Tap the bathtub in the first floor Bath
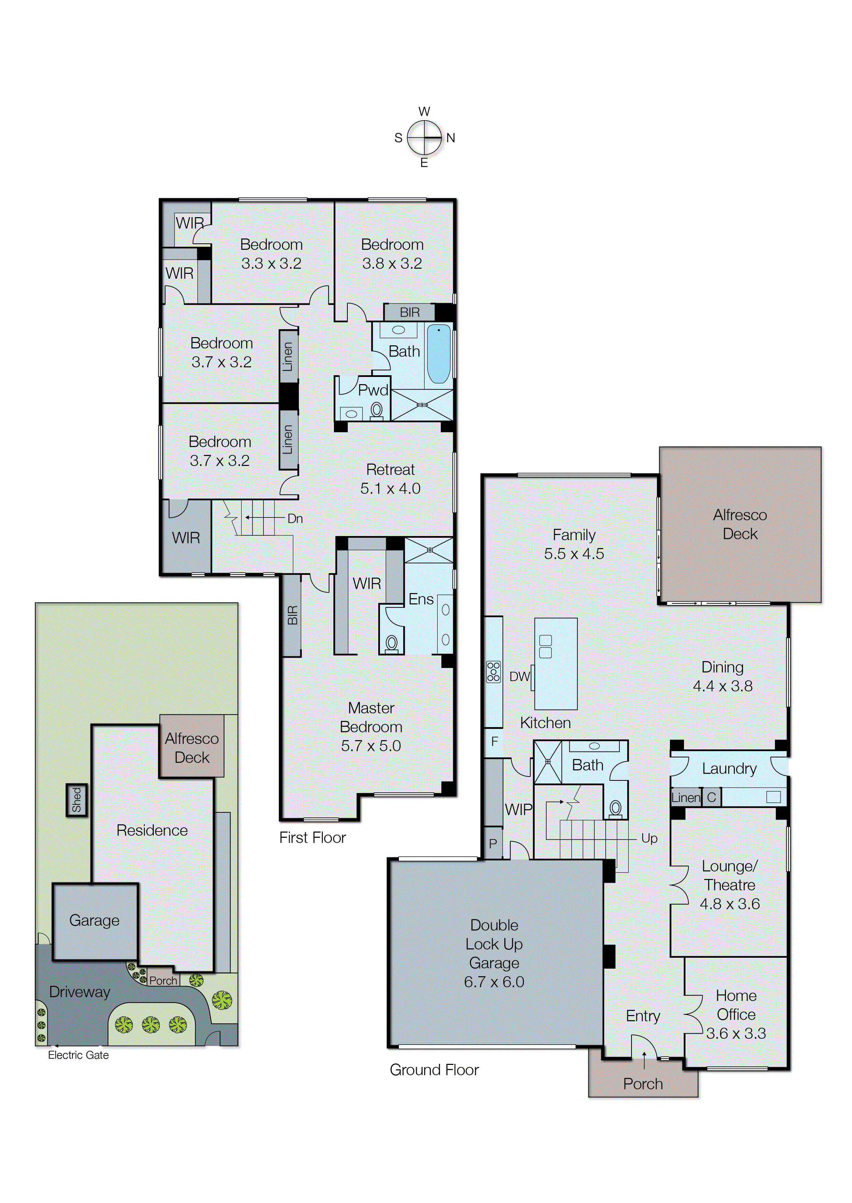439,354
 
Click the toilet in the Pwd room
376,410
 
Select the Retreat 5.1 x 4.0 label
390,478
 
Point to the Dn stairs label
295,518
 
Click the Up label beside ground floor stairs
649,838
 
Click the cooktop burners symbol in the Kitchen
493,671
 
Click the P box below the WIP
493,844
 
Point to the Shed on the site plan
77,800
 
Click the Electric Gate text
78,1055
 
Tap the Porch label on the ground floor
643,1083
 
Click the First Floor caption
312,838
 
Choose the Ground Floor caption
434,1070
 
